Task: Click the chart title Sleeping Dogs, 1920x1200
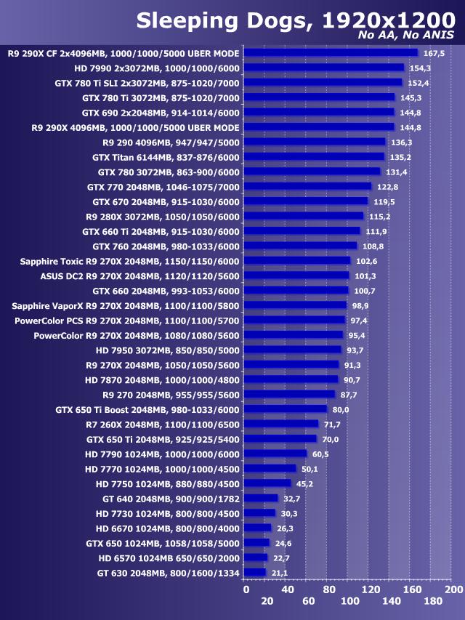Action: point(295,20)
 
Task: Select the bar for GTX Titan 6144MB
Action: point(314,156)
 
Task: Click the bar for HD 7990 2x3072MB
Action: point(324,68)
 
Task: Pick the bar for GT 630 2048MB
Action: point(255,573)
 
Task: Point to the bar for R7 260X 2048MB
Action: point(281,424)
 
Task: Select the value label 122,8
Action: point(386,187)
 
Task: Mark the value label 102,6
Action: point(365,261)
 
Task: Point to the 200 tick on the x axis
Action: point(453,589)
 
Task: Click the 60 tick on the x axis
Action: point(308,603)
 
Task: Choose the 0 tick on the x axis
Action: point(246,589)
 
